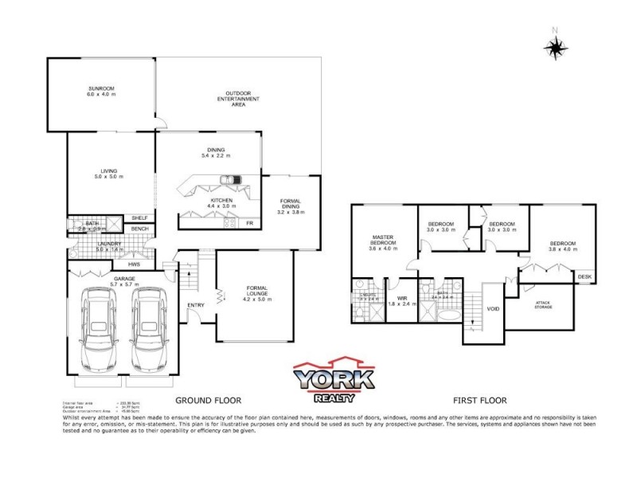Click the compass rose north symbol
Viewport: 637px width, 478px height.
[x=555, y=46]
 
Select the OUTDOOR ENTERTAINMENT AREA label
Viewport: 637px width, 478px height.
[x=240, y=98]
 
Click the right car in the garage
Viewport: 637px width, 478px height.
[x=150, y=327]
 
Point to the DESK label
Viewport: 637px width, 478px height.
[x=585, y=277]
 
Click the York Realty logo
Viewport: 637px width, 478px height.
[x=334, y=380]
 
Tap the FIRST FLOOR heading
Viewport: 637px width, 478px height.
[x=479, y=400]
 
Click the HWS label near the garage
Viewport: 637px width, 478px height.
[x=145, y=264]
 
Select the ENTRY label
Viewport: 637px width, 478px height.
[x=195, y=304]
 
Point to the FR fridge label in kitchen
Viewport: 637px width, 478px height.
[x=249, y=223]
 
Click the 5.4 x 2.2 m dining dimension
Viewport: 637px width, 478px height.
[x=216, y=155]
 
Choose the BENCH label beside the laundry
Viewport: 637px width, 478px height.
[x=139, y=229]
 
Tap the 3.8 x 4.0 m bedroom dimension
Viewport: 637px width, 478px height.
[x=563, y=249]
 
